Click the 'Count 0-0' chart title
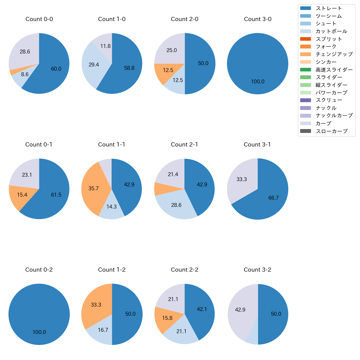point(39,19)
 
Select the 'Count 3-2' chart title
point(257,270)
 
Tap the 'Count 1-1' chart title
point(112,145)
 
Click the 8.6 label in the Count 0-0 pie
point(25,74)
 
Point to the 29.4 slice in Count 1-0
point(94,65)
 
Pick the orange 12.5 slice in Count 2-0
point(168,70)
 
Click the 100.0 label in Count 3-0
point(258,82)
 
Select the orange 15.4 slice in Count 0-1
point(22,195)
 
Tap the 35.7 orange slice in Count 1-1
point(94,188)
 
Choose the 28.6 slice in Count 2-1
point(176,205)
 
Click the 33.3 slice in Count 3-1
point(241,179)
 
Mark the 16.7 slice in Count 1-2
point(103,330)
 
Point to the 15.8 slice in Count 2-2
point(167,318)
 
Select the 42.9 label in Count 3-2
point(240,310)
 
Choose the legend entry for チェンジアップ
point(334,54)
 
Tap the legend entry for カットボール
point(331,31)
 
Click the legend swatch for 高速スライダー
point(305,70)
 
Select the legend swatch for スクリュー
point(305,100)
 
